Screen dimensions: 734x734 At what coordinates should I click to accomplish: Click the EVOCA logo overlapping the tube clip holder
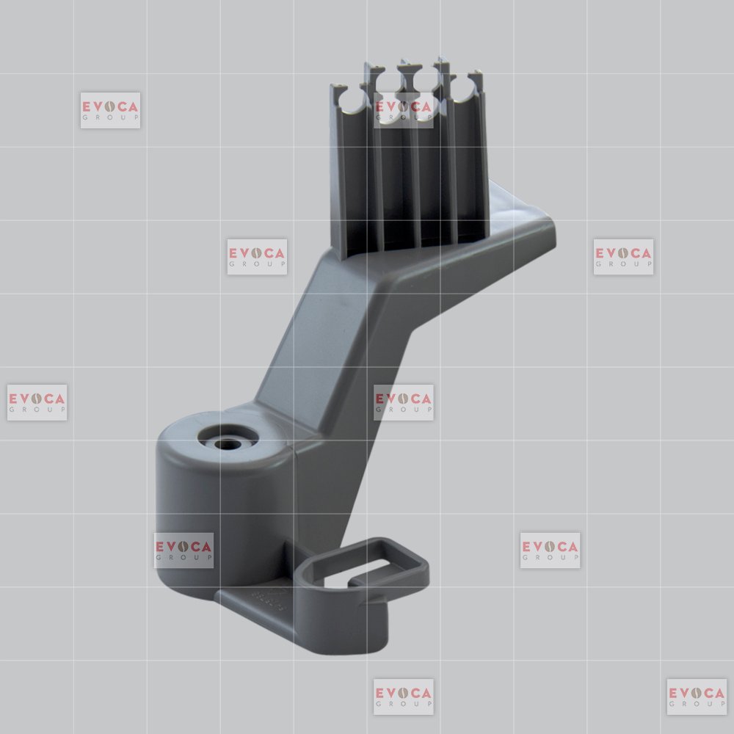404,111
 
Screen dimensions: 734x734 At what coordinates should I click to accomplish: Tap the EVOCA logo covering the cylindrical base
183,550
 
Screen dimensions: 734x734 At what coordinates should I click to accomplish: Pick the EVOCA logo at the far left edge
37,402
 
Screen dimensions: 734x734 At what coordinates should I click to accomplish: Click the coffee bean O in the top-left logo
110,106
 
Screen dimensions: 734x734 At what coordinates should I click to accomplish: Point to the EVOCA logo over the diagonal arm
404,402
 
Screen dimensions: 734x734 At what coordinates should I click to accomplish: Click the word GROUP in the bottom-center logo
404,704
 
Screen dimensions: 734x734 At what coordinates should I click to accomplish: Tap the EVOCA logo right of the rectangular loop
550,550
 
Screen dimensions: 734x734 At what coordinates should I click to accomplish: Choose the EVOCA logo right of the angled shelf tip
623,256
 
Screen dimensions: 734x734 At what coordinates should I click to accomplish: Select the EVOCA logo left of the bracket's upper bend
257,256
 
